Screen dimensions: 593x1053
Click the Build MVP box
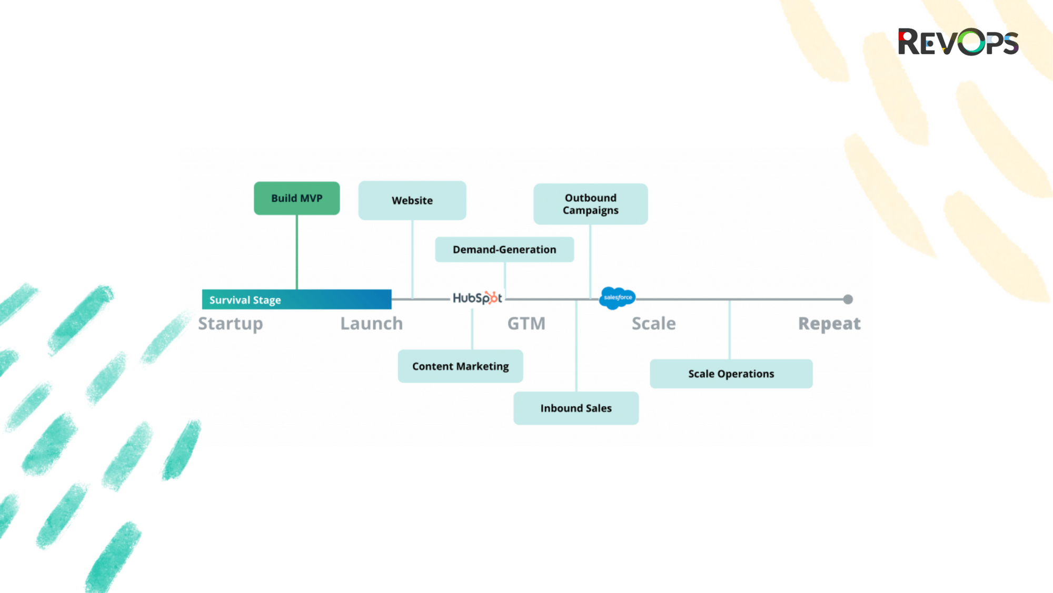[296, 198]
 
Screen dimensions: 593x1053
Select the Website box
[412, 200]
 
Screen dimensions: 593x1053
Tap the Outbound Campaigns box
[590, 204]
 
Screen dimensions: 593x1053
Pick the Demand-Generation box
[504, 249]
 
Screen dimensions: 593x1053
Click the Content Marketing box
[460, 366]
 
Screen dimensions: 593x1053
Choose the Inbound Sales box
[576, 408]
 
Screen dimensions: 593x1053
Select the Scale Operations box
[731, 374]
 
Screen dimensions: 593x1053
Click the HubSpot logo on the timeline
[477, 298]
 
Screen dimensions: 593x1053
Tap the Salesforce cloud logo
[617, 298]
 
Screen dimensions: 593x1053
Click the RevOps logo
[958, 42]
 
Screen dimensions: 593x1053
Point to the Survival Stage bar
[296, 299]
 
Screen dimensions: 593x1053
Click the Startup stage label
[230, 323]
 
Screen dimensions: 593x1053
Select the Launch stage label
[371, 323]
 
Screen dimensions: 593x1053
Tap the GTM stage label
[526, 323]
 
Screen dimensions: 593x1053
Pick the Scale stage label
[653, 323]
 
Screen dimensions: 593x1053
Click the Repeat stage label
[829, 323]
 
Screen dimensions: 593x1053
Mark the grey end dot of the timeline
[848, 299]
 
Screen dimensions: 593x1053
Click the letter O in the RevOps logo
[971, 42]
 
